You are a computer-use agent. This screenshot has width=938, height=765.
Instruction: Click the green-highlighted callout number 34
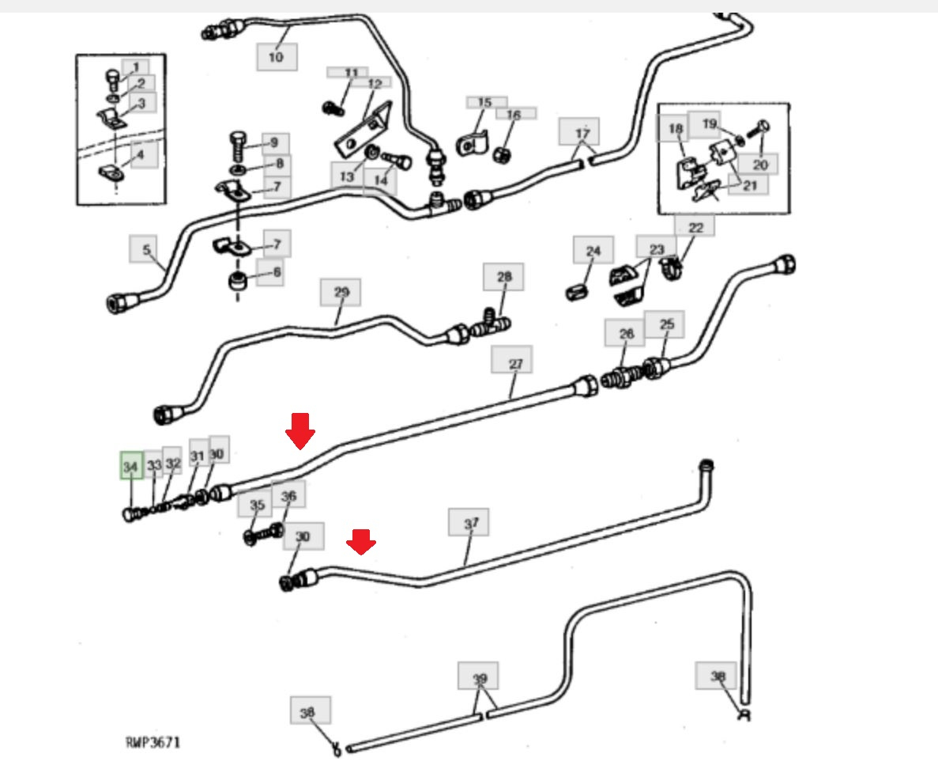[130, 466]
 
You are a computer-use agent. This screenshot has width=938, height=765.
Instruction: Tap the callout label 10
[276, 56]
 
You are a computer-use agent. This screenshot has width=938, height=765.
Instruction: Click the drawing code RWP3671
[153, 742]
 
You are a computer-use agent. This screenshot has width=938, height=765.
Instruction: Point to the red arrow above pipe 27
[300, 430]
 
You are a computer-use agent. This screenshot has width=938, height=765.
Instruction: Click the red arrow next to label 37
[362, 542]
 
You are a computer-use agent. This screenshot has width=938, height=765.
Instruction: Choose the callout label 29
[340, 292]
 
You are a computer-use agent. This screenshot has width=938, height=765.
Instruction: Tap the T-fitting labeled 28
[492, 324]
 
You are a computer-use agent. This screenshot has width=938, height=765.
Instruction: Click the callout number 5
[146, 250]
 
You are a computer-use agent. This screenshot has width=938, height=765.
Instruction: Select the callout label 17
[582, 131]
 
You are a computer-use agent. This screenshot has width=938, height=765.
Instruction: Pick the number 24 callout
[593, 251]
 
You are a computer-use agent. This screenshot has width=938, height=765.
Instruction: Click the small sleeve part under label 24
[576, 290]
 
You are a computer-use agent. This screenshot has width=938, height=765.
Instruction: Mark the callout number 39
[479, 678]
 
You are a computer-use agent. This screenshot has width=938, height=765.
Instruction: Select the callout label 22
[695, 227]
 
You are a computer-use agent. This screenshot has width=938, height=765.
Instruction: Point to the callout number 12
[374, 83]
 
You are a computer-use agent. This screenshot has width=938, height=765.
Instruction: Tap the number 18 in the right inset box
[675, 128]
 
